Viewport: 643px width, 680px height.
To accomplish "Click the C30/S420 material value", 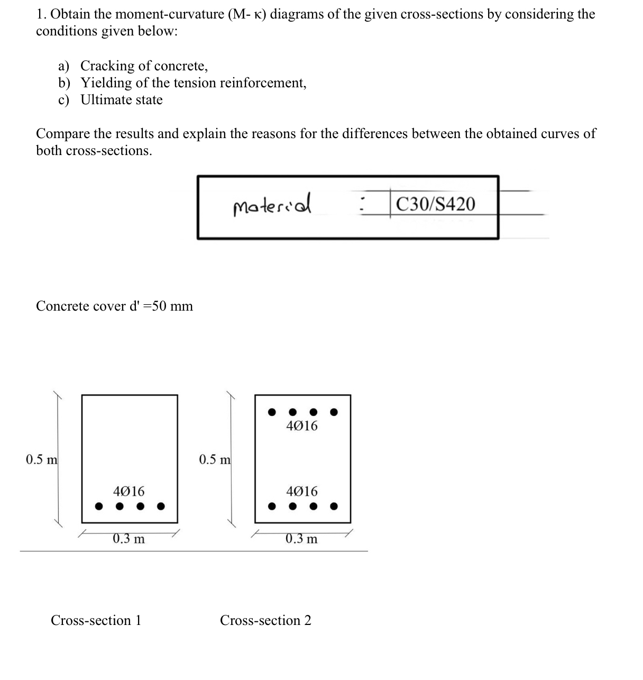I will (435, 204).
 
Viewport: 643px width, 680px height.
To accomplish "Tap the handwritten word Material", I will (272, 204).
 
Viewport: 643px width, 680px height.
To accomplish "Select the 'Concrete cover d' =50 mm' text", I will (114, 306).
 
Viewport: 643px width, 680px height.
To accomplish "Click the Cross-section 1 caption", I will (96, 620).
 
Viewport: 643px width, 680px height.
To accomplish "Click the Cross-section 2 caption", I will (265, 620).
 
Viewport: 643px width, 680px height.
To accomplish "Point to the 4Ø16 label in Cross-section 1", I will (128, 492).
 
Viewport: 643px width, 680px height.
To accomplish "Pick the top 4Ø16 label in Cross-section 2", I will (302, 425).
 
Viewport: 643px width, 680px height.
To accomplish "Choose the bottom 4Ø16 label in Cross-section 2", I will (302, 491).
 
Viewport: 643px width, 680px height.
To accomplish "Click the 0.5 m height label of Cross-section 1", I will (42, 459).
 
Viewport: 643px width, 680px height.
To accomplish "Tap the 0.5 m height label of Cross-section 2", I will (215, 459).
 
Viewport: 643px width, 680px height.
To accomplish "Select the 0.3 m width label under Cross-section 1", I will (128, 539).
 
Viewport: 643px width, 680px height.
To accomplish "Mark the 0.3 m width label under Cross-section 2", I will (301, 539).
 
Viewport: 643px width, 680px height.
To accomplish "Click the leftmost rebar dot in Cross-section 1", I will (98, 506).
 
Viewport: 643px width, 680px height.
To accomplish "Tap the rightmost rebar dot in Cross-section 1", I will (161, 506).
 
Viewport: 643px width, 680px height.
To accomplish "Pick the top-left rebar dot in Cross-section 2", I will (272, 411).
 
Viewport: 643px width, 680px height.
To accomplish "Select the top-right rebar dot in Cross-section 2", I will (334, 411).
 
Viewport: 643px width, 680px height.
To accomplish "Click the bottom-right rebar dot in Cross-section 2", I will (334, 506).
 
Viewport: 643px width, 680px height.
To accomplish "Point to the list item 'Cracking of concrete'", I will (144, 66).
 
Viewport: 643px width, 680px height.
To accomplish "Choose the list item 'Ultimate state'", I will (122, 100).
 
